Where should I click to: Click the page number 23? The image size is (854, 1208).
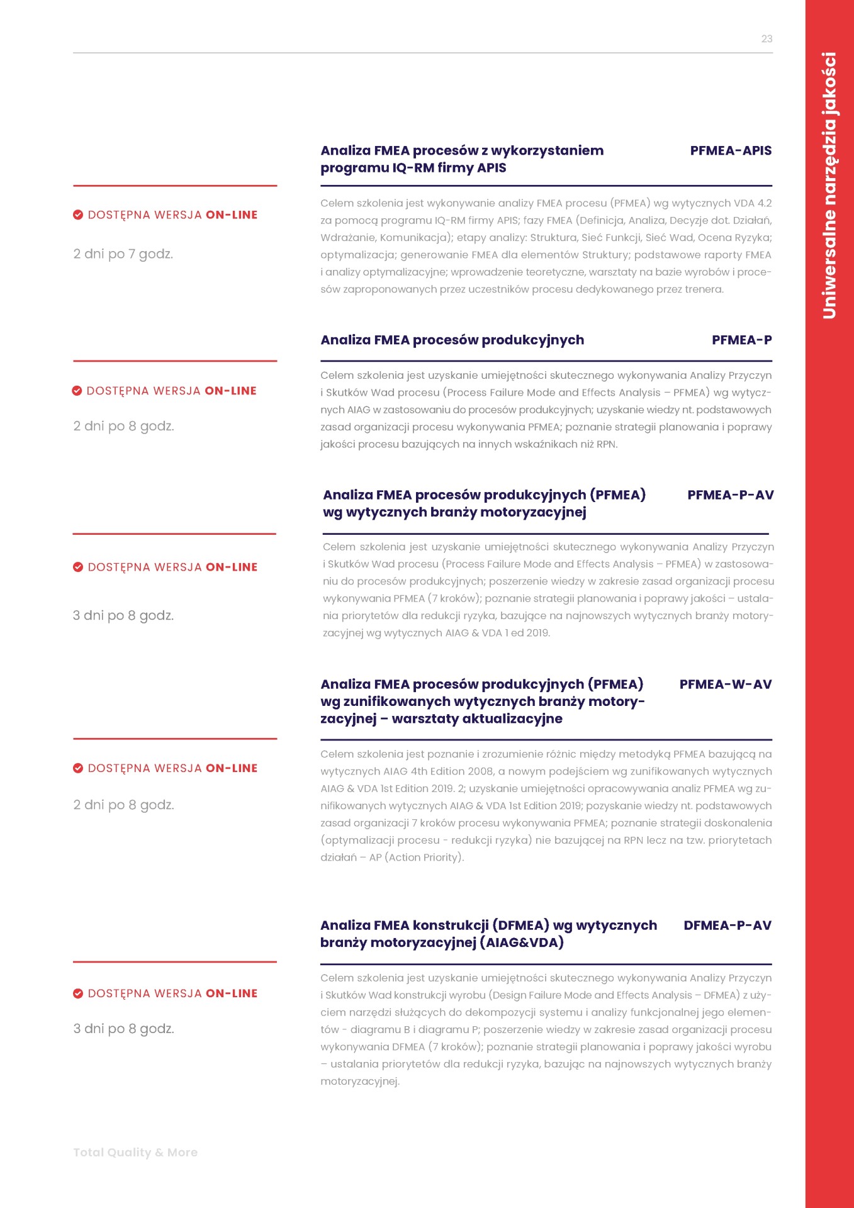click(767, 39)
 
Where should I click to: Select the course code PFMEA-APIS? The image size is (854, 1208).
click(731, 151)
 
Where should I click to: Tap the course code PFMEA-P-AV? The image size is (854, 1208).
click(730, 495)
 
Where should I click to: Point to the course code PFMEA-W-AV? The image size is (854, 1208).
click(725, 685)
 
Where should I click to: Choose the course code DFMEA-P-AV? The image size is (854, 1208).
click(727, 926)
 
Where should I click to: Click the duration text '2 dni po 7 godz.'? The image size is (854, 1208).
click(123, 254)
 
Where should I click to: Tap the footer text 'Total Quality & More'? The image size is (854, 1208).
click(135, 1153)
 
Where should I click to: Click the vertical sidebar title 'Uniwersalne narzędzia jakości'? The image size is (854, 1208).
click(829, 186)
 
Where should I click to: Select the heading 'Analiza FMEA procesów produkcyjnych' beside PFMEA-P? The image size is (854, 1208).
click(452, 340)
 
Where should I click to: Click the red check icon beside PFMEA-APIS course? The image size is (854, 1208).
click(78, 215)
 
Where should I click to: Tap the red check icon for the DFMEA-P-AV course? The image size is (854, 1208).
click(78, 994)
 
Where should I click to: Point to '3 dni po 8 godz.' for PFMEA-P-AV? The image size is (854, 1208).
click(123, 616)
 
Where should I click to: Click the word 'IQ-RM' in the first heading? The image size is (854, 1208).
click(414, 168)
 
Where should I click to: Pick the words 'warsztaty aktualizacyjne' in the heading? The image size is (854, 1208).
click(476, 719)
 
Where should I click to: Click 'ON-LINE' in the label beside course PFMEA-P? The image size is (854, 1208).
click(230, 391)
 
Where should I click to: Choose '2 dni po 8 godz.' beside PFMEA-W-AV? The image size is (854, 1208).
click(123, 805)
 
